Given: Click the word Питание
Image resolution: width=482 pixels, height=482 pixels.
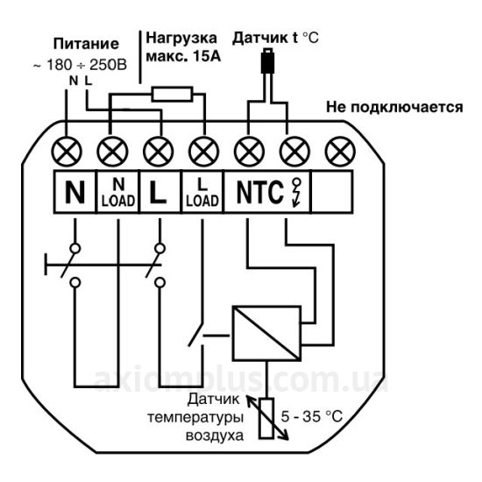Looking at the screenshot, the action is click(86, 44).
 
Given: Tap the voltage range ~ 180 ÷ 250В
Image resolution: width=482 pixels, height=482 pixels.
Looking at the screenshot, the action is click(80, 65).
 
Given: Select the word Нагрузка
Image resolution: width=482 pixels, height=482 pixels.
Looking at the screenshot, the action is click(181, 39).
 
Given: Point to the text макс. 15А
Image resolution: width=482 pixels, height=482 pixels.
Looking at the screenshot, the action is click(183, 56).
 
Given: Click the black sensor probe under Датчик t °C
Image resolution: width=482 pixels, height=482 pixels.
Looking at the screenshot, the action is click(267, 60).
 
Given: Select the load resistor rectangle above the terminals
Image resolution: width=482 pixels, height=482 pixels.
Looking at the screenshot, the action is click(172, 94).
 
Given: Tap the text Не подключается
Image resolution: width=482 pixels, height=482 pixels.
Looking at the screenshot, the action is click(394, 108).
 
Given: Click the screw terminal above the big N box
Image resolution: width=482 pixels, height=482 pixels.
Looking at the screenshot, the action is click(67, 152).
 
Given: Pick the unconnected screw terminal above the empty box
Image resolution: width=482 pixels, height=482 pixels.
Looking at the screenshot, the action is click(340, 152).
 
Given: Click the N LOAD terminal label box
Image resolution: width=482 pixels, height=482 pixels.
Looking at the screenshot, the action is click(118, 192).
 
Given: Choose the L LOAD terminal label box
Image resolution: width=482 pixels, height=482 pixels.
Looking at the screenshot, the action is click(202, 192).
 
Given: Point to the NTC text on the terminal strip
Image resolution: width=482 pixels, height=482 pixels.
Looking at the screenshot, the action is click(259, 192).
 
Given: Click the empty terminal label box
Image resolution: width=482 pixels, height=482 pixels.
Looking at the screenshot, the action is click(332, 192).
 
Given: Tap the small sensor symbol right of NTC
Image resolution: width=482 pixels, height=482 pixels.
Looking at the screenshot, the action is click(296, 193).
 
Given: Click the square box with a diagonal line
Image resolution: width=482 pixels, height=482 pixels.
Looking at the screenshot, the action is click(266, 333).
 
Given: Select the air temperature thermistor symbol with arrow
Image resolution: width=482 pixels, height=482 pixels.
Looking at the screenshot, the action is click(266, 418).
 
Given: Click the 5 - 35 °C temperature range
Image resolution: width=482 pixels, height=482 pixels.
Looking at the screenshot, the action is click(311, 417).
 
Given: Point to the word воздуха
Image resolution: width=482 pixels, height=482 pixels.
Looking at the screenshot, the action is click(215, 436).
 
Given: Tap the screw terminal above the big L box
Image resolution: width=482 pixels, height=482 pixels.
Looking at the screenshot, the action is click(159, 152).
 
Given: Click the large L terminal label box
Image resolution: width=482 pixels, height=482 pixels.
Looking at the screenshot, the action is click(159, 192).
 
